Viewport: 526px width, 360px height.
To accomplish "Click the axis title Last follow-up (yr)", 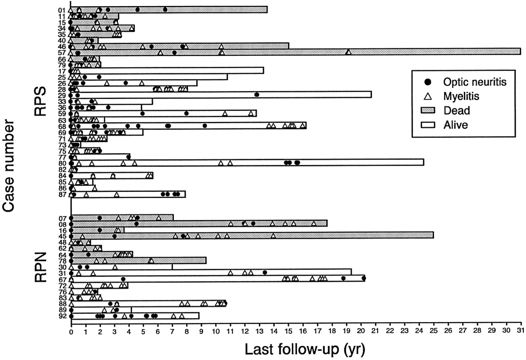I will pos(303,349).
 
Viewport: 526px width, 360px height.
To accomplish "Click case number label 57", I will pos(62,53).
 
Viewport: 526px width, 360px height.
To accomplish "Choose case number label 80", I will pos(62,163).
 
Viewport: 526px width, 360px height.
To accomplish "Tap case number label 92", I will pos(62,316).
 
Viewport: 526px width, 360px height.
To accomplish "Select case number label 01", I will pos(62,10).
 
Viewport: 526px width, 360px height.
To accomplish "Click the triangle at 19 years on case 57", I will pos(348,52).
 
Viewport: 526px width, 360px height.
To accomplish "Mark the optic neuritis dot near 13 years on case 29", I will pos(257,95).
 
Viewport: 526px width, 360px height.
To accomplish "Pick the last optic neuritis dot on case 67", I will pos(364,278).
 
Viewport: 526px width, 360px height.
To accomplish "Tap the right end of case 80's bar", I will pos(423,162).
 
